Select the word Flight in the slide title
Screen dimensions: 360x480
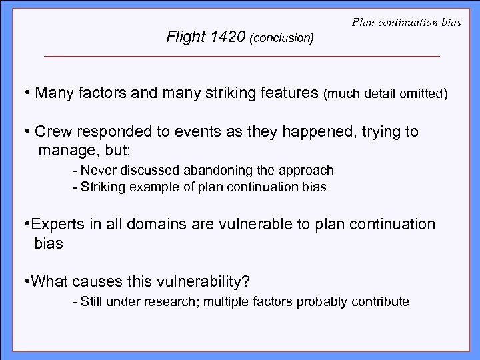(185, 37)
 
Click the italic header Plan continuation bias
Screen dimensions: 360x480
(406, 24)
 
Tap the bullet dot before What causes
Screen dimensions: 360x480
(26, 281)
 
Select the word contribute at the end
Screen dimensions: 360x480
(383, 301)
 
